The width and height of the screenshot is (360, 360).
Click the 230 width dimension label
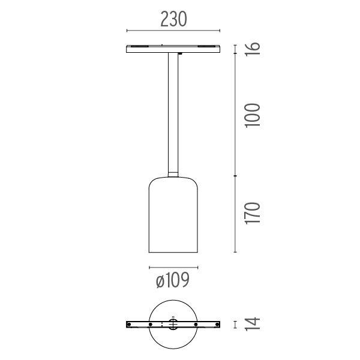point(173,19)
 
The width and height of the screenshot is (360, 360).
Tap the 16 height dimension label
point(253,49)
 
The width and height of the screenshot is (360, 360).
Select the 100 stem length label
point(253,115)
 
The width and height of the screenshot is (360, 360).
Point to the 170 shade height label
point(253,213)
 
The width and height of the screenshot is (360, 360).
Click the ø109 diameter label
point(173,280)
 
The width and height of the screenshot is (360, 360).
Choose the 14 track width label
point(253,324)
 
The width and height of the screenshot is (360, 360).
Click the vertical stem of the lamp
point(173,113)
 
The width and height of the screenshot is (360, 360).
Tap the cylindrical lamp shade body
point(173,215)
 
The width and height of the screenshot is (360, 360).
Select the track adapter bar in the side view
point(173,49)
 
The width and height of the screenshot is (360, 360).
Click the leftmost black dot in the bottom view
point(129,325)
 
